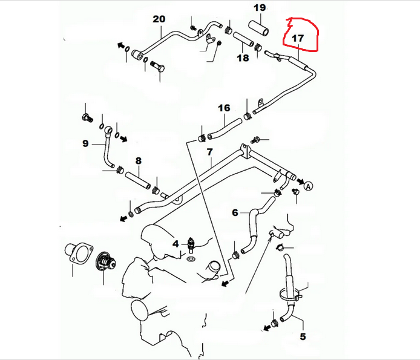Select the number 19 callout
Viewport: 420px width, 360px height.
pos(259,8)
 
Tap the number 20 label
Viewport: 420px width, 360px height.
pos(159,19)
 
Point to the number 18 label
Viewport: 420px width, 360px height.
pos(243,58)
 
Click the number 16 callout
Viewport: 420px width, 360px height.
pos(225,108)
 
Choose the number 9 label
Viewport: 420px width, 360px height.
pos(85,144)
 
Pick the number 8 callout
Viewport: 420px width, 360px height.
pos(138,161)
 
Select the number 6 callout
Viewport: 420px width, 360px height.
pos(235,213)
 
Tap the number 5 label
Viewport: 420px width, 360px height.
pos(303,336)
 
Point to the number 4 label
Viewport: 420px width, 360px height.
pos(176,244)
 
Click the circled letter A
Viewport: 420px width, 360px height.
pos(308,186)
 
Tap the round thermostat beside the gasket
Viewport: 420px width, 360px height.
pos(103,263)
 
